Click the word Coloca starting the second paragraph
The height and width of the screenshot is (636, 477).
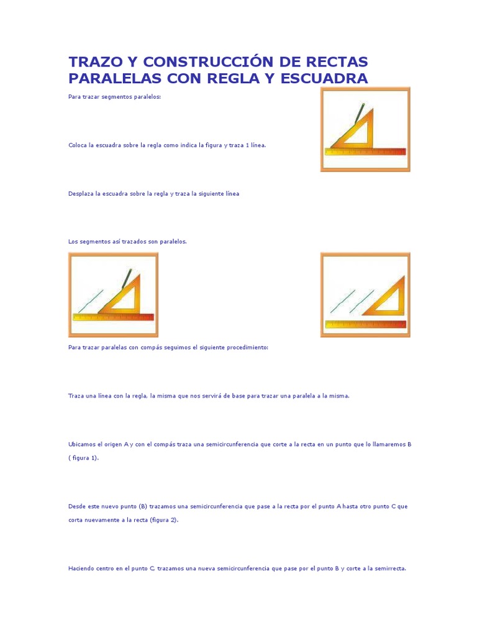pos(78,145)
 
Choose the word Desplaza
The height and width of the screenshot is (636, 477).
pos(81,193)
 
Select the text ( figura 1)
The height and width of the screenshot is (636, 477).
pos(84,458)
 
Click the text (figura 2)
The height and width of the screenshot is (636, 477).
pos(164,520)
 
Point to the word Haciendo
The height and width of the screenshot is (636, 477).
pos(82,568)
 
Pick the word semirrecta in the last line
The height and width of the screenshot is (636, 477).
pos(390,568)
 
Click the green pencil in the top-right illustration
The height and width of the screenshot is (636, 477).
pos(358,113)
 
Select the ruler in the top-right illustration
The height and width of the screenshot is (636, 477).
pos(365,152)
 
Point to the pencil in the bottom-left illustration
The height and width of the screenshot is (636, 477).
pos(126,278)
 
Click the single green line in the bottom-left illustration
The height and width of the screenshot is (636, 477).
pos(91,302)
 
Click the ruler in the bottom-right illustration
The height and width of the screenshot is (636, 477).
pos(365,324)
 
